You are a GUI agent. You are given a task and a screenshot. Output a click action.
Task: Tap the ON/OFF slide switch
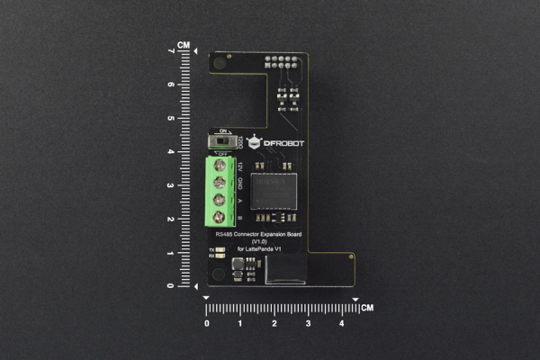pos(221,141)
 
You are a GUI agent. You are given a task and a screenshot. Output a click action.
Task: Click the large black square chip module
pos(274,191)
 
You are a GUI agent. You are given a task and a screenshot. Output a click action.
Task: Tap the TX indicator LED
pos(220,248)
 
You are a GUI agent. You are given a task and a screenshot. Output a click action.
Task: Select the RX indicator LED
pos(220,256)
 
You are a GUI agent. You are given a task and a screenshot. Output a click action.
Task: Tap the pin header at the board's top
pos(282,61)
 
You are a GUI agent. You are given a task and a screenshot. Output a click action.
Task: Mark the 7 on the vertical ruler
pos(171,51)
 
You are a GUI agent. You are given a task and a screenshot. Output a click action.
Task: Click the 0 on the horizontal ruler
pos(207,322)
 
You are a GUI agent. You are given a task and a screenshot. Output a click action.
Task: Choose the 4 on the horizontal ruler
pos(341,322)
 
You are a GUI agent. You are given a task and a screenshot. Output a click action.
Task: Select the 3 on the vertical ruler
pos(171,185)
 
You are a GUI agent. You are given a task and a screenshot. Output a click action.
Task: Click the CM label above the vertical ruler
pos(184,44)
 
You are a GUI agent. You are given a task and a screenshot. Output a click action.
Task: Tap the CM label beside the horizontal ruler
pos(367,308)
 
